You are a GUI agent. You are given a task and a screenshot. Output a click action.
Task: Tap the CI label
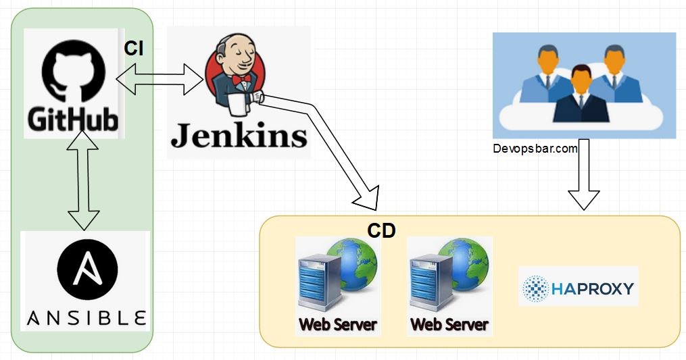(134, 49)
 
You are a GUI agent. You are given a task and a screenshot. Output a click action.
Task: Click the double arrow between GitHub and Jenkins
(160, 80)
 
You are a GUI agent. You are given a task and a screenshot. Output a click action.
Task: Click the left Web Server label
(338, 324)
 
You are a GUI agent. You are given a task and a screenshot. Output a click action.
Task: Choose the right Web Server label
(449, 324)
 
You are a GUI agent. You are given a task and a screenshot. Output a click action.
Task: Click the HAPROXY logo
(579, 288)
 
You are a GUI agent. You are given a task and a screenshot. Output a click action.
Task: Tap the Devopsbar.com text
(535, 149)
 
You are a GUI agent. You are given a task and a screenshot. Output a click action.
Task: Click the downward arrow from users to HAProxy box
(583, 176)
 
